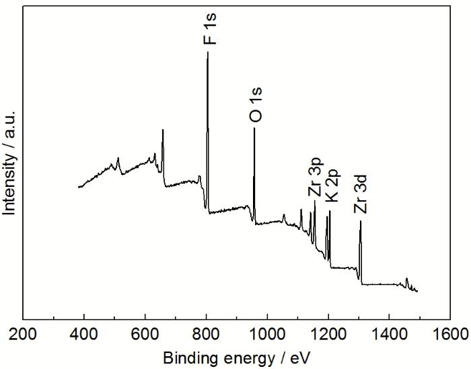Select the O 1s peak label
point(256,108)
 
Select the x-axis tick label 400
point(84,334)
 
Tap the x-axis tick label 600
point(145,334)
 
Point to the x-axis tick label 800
point(207,334)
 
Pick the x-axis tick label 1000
point(267,334)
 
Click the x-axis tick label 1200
point(328,334)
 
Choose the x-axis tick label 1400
point(390,334)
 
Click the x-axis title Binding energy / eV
point(236,356)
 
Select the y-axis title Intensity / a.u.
point(9,163)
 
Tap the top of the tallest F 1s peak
point(207,52)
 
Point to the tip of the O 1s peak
point(254,127)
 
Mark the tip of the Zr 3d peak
point(361,221)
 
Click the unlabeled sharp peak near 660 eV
point(163,130)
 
